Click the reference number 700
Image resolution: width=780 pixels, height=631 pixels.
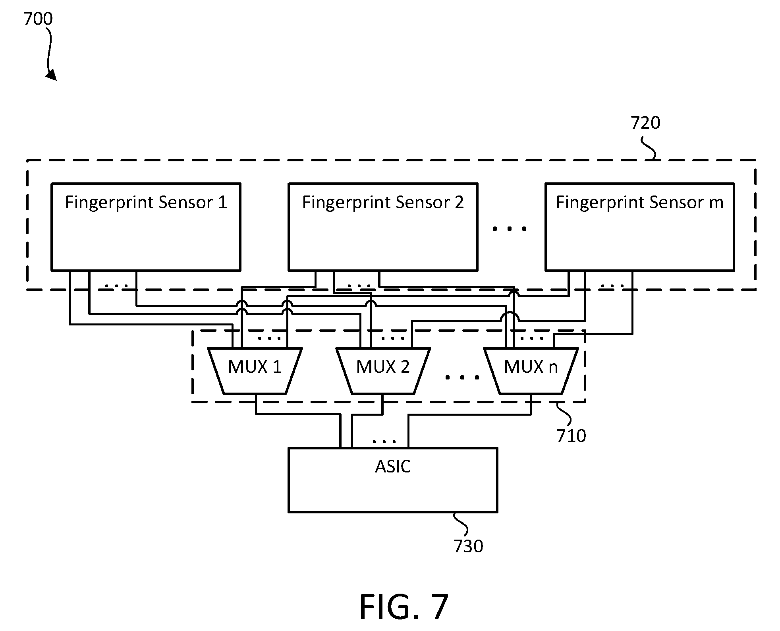[38, 19]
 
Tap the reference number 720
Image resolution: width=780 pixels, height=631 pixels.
[645, 123]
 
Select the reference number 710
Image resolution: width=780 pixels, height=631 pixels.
[571, 436]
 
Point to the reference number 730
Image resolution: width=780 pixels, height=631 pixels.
[468, 546]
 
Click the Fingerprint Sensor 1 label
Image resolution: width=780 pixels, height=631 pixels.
[146, 203]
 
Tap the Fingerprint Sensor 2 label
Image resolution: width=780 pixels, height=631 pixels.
[383, 203]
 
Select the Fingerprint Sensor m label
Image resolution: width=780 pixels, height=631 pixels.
[639, 203]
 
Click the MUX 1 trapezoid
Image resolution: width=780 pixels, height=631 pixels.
[255, 371]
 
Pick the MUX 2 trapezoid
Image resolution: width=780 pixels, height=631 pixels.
[383, 371]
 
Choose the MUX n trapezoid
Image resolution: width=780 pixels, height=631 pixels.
[531, 371]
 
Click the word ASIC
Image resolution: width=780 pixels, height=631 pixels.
[393, 466]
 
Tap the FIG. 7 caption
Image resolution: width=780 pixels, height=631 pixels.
[404, 607]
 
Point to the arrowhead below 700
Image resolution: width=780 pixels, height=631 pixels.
[52, 75]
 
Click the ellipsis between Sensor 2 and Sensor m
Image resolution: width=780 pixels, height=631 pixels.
[510, 228]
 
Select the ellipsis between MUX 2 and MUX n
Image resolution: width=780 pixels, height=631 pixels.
[462, 377]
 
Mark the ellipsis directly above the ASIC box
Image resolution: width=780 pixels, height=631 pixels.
[384, 441]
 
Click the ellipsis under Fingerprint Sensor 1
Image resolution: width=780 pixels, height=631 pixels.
[116, 285]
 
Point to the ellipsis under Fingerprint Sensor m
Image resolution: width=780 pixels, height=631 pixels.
[612, 285]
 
